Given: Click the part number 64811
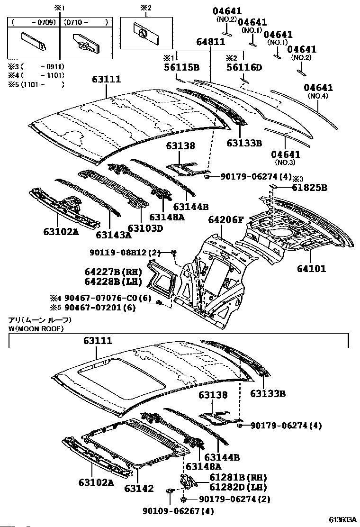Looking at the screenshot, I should click(x=211, y=42).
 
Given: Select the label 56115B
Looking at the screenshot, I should click(x=181, y=67).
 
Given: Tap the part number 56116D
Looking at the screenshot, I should click(x=244, y=67).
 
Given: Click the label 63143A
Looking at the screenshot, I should click(x=114, y=235).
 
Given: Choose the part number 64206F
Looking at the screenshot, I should click(x=226, y=220).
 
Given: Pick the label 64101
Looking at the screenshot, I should click(x=312, y=269).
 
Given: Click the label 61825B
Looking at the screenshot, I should click(x=310, y=188).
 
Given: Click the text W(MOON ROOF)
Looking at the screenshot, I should click(x=36, y=328).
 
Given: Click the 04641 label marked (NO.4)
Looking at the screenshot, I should click(x=318, y=88).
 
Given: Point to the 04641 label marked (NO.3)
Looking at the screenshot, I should click(x=286, y=154).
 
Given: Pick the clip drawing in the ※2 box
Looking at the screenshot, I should click(x=142, y=34).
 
